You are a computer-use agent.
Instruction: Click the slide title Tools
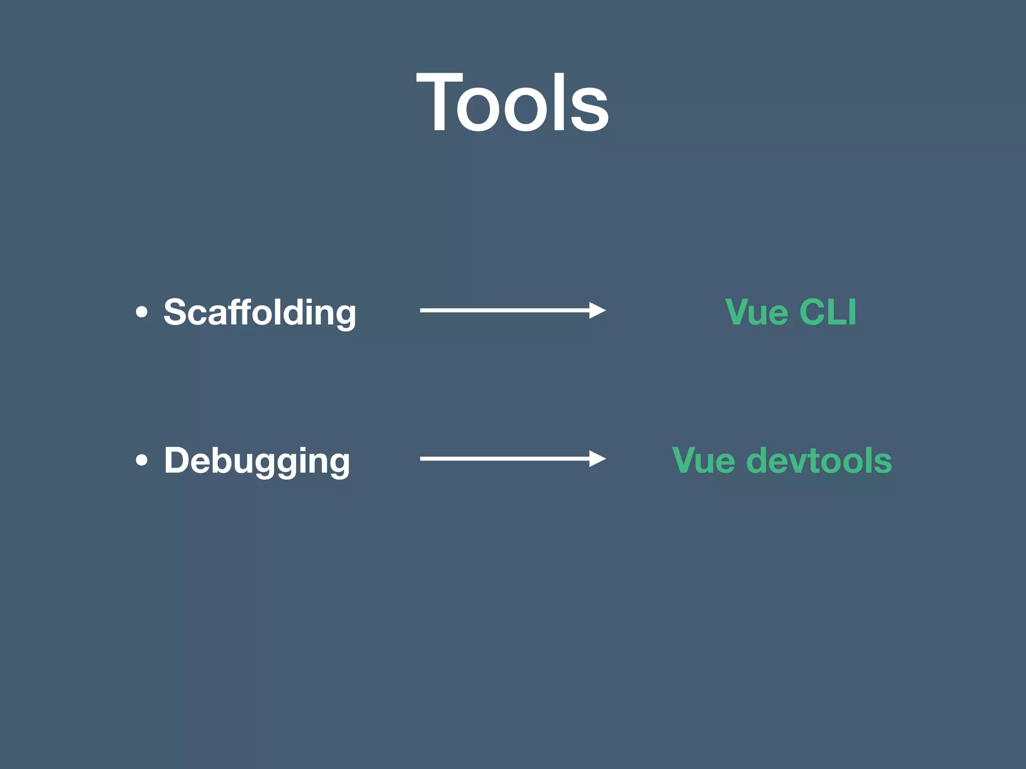click(x=512, y=103)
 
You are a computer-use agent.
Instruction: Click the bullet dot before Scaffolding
click(x=142, y=312)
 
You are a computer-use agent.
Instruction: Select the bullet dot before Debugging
click(x=142, y=461)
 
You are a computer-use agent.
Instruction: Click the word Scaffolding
click(x=260, y=312)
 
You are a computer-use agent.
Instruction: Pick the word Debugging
click(x=256, y=461)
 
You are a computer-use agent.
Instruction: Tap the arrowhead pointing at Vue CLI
click(x=597, y=310)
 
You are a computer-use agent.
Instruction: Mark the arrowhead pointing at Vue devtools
click(x=597, y=459)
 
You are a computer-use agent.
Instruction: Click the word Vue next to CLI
click(x=756, y=312)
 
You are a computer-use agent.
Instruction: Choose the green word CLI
click(x=828, y=312)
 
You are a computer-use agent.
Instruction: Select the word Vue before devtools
click(x=703, y=461)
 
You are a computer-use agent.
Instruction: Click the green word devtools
click(x=819, y=461)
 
